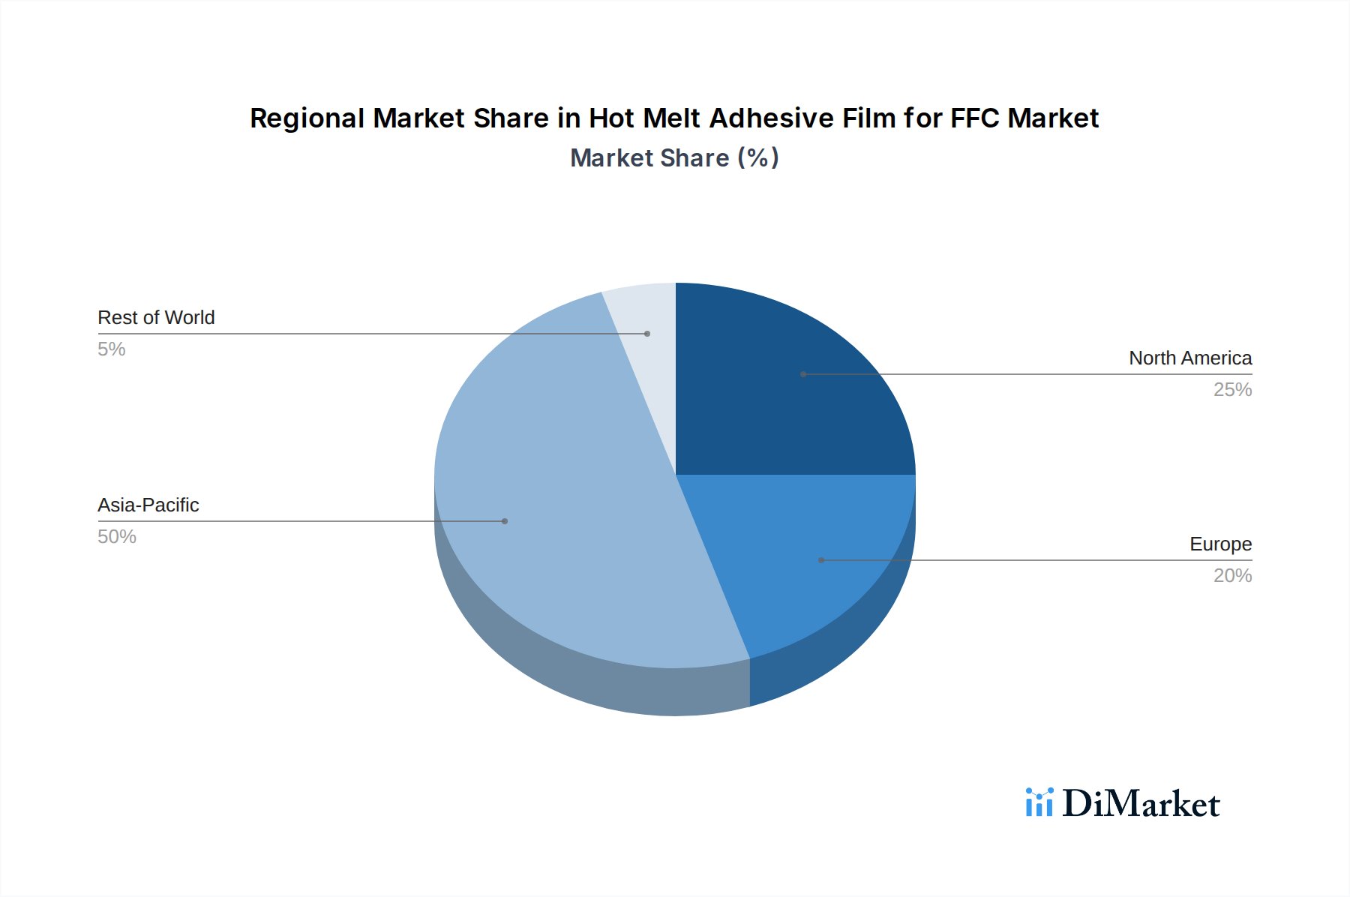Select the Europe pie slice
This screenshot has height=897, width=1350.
795,540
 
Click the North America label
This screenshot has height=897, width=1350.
1190,358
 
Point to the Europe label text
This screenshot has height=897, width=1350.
1220,544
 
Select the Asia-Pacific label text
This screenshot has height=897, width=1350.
148,505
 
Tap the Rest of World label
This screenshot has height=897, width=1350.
156,318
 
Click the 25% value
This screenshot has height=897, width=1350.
1232,390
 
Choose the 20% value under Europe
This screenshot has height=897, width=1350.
1232,576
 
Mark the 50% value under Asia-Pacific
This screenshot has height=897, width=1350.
117,537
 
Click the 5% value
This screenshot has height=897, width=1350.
112,349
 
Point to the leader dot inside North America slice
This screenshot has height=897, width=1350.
803,374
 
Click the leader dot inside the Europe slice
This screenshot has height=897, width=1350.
821,560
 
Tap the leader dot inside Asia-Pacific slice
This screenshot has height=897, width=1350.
505,521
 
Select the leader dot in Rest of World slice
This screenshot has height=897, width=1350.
647,334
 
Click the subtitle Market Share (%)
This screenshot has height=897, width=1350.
674,158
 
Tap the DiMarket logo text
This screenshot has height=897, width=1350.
1141,804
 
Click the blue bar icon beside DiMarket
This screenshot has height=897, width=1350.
1039,802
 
